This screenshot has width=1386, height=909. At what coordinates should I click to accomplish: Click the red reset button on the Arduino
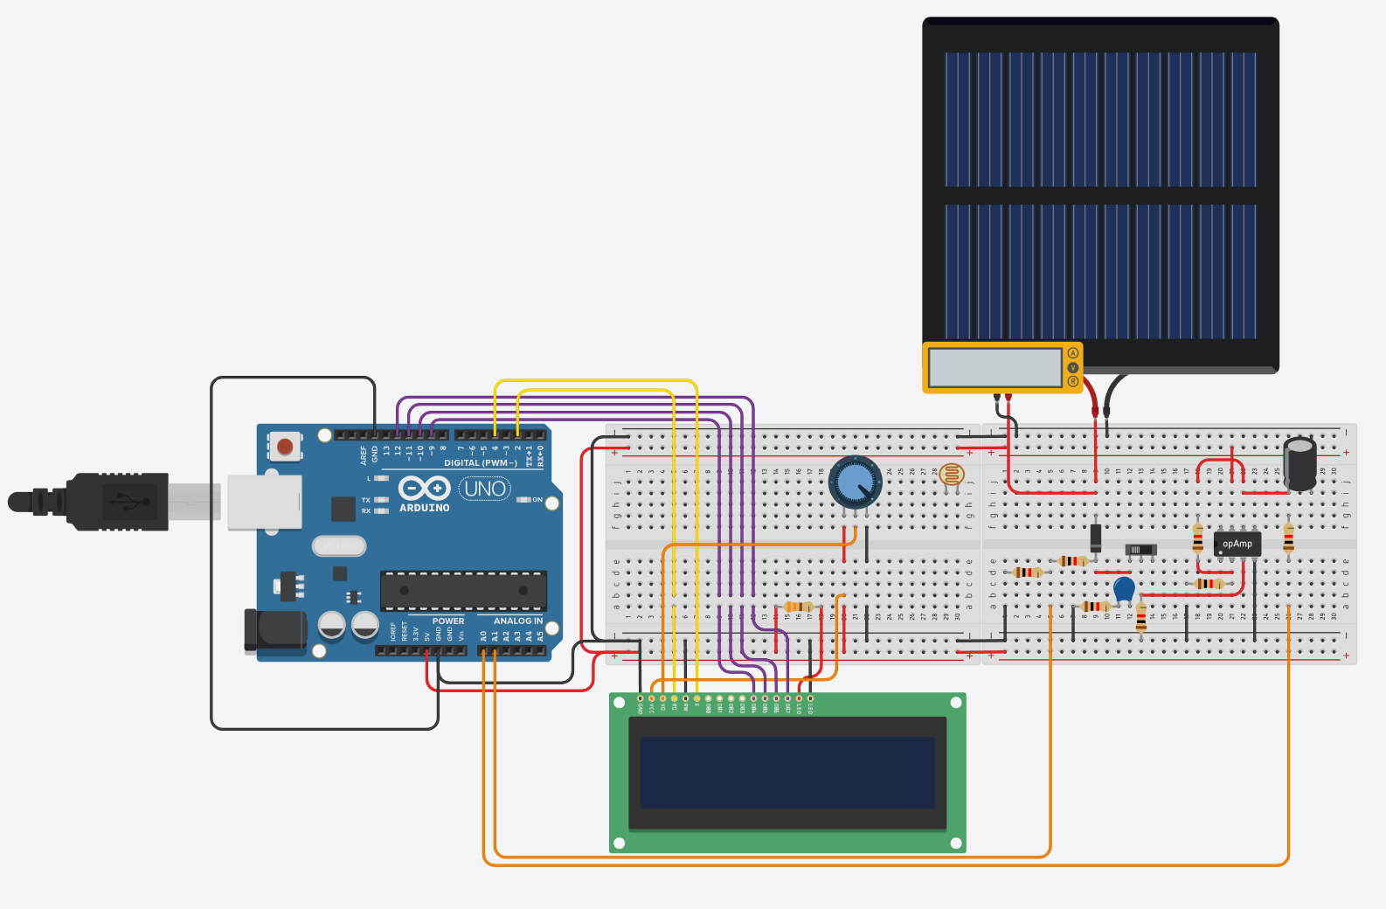click(285, 447)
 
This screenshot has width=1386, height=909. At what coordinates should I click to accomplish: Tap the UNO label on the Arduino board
click(485, 489)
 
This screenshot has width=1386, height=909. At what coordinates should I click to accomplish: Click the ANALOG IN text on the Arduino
click(517, 621)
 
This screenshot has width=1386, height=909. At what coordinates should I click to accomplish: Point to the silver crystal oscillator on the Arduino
click(339, 545)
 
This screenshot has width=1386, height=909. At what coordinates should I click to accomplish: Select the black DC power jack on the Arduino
click(276, 631)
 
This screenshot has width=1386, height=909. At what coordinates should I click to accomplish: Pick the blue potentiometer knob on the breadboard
click(855, 482)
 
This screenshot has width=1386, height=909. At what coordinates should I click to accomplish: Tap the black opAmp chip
click(1237, 544)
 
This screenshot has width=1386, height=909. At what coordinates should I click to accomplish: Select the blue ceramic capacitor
click(1124, 589)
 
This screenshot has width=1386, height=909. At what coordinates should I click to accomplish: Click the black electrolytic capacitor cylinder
click(1299, 463)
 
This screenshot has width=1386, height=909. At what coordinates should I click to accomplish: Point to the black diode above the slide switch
click(1096, 536)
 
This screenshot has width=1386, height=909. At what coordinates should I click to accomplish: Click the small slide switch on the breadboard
click(1140, 550)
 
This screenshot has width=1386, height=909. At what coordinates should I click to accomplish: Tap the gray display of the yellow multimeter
click(994, 368)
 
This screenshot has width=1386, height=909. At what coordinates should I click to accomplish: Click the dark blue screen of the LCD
click(787, 772)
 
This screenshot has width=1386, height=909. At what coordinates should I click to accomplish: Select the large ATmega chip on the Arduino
click(463, 591)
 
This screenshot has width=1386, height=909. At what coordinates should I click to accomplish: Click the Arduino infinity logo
click(424, 488)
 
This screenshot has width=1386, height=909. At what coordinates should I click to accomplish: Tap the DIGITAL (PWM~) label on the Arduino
click(480, 463)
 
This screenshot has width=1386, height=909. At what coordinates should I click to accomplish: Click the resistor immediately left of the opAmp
click(1197, 538)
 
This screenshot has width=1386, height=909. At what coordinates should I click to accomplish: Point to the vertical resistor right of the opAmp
click(1288, 538)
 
